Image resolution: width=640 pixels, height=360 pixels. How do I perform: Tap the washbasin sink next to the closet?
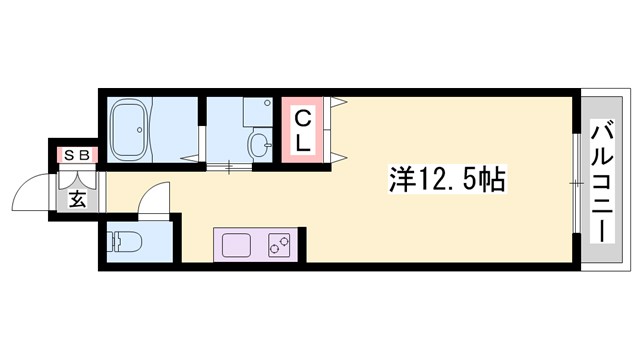[258, 146]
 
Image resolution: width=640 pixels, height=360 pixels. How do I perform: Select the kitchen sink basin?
[237, 244]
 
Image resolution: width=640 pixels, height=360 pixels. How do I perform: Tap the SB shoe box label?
[77, 155]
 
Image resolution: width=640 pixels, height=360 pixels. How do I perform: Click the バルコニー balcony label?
[602, 180]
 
